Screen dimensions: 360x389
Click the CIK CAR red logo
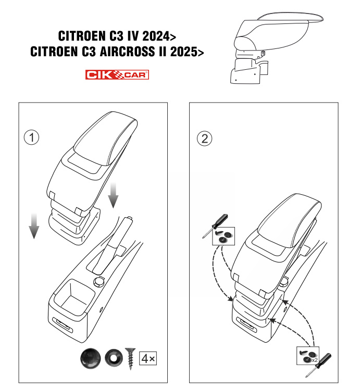click(117, 74)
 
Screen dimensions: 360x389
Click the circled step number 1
click(32, 137)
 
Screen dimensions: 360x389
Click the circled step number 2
click(204, 139)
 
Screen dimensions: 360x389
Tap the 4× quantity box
click(148, 358)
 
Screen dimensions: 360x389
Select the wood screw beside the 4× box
click(130, 358)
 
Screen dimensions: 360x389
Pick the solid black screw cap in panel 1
click(91, 358)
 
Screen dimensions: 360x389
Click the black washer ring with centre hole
click(114, 358)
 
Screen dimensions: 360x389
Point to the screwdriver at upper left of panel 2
click(215, 226)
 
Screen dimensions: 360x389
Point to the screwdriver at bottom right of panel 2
click(319, 365)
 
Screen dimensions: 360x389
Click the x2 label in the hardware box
click(315, 360)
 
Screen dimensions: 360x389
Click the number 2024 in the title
click(156, 36)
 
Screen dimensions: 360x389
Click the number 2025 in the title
click(184, 52)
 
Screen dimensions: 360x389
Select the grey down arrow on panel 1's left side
click(34, 226)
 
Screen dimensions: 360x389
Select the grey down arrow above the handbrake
click(113, 195)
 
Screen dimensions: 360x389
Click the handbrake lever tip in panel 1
click(129, 219)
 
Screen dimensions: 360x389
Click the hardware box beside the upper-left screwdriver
click(224, 236)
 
